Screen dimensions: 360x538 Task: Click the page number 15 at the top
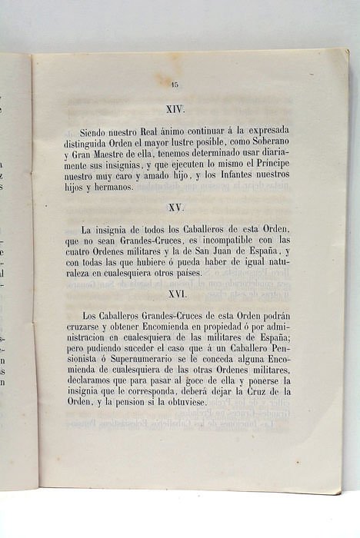click(x=175, y=85)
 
